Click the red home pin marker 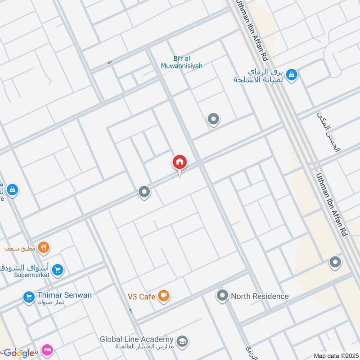point(180,163)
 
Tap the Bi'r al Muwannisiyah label point(181,62)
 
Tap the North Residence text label point(260,296)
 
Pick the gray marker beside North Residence point(222,296)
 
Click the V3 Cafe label point(141,297)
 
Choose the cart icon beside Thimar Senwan point(29,297)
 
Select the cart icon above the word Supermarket point(57,270)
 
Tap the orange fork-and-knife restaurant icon point(44,247)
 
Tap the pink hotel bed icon point(46,349)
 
